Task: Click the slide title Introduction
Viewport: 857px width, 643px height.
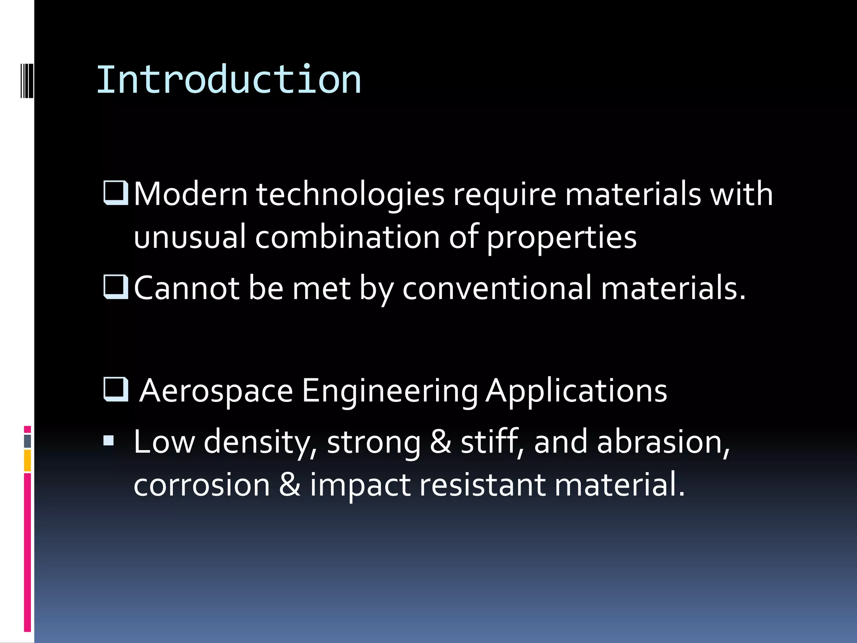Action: pyautogui.click(x=228, y=80)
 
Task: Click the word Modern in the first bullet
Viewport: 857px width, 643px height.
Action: pyautogui.click(x=191, y=194)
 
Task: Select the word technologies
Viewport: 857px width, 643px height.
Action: pyautogui.click(x=350, y=195)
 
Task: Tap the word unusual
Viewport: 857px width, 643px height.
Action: pyautogui.click(x=190, y=237)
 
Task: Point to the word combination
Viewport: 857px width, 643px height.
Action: pyautogui.click(x=347, y=237)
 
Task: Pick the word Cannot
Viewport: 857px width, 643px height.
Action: pyautogui.click(x=187, y=288)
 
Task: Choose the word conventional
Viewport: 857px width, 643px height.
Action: pyautogui.click(x=497, y=288)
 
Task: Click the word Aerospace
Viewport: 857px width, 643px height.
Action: pyautogui.click(x=216, y=390)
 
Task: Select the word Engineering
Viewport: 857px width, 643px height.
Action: pyautogui.click(x=390, y=391)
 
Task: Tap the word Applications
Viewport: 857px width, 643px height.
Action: pyautogui.click(x=576, y=391)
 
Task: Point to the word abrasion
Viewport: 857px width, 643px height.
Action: pyautogui.click(x=663, y=442)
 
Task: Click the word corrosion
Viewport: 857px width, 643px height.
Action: pyautogui.click(x=202, y=485)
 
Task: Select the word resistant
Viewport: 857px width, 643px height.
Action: pyautogui.click(x=482, y=485)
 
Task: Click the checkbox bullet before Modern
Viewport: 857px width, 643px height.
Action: pyautogui.click(x=115, y=193)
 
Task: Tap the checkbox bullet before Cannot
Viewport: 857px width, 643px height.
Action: pyautogui.click(x=115, y=287)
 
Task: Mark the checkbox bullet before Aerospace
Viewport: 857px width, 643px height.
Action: pyautogui.click(x=115, y=389)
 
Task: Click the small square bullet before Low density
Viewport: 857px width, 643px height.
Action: pyautogui.click(x=109, y=440)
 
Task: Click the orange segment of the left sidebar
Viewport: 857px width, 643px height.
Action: pyautogui.click(x=27, y=460)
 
